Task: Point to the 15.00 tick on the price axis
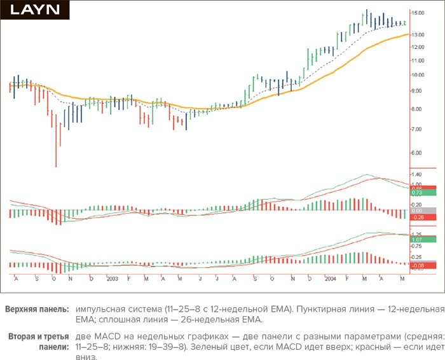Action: (x=418, y=13)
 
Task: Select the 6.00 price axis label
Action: (x=416, y=153)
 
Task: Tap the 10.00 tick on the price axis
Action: (x=418, y=75)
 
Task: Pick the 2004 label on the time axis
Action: (x=330, y=279)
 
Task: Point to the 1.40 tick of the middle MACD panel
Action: (x=417, y=174)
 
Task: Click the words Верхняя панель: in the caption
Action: (x=38, y=309)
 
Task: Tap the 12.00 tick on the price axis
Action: (x=418, y=47)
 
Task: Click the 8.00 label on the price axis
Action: (x=416, y=109)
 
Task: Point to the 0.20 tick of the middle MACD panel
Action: (x=417, y=204)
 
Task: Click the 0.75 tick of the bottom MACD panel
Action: (x=417, y=246)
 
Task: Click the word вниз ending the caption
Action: (x=86, y=357)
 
